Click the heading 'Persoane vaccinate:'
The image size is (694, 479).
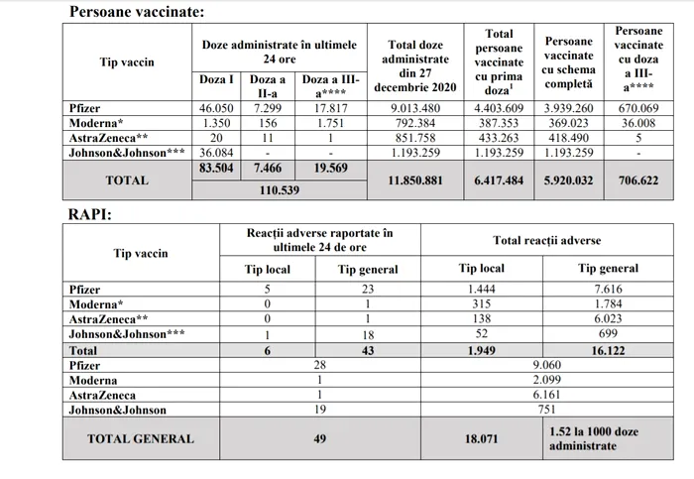137,12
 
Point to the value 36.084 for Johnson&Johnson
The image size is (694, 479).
214,154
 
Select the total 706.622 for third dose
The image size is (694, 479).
638,180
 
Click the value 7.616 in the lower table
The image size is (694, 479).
608,289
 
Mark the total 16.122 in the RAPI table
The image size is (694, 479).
608,350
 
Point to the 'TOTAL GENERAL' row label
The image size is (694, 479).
140,438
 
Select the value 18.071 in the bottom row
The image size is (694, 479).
482,438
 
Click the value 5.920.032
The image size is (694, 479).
569,180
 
